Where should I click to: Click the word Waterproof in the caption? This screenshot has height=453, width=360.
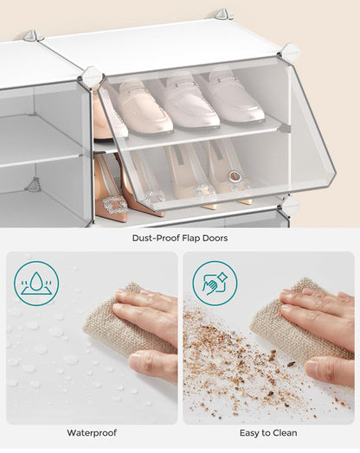[x=92, y=432]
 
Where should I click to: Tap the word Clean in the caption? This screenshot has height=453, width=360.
[x=284, y=432]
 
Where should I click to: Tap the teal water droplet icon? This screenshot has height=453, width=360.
[x=36, y=283]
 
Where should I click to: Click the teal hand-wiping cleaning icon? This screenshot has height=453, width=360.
[x=214, y=283]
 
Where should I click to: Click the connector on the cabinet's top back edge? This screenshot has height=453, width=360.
[x=222, y=14]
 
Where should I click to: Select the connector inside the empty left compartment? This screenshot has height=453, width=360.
[x=34, y=184]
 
